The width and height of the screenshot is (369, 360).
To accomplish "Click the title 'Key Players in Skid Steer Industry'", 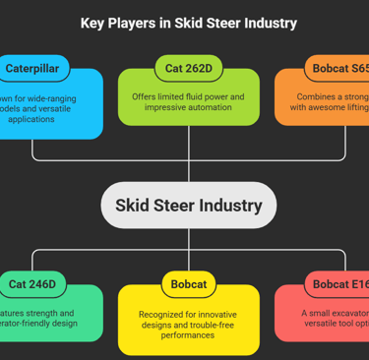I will coord(188,23).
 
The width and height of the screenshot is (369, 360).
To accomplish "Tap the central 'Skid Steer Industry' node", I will coord(188,206).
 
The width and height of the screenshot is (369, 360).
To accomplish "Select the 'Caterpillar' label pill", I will coord(31,68).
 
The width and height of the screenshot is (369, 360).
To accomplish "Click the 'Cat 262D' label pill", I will coord(188,68).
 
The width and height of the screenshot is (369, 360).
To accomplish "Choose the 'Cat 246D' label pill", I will coord(31,284).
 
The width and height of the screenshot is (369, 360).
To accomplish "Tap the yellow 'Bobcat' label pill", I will coord(188,284).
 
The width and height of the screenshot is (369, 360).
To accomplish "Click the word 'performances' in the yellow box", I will coord(188,335).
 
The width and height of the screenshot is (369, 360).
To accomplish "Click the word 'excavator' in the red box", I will coord(340,313).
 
